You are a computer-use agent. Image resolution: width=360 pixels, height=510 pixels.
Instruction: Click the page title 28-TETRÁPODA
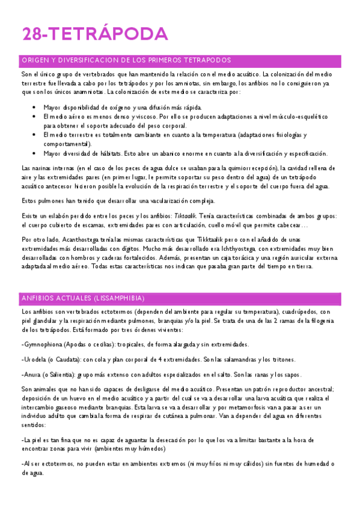coord(95,34)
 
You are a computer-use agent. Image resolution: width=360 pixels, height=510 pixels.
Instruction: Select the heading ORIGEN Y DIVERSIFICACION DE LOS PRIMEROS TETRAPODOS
coord(126,60)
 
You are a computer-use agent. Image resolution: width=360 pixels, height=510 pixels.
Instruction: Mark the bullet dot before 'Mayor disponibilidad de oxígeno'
coord(34,107)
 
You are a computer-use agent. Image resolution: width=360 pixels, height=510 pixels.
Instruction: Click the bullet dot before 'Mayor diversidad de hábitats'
coord(34,153)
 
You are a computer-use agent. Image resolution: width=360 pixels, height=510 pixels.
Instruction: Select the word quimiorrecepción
coord(231,168)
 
